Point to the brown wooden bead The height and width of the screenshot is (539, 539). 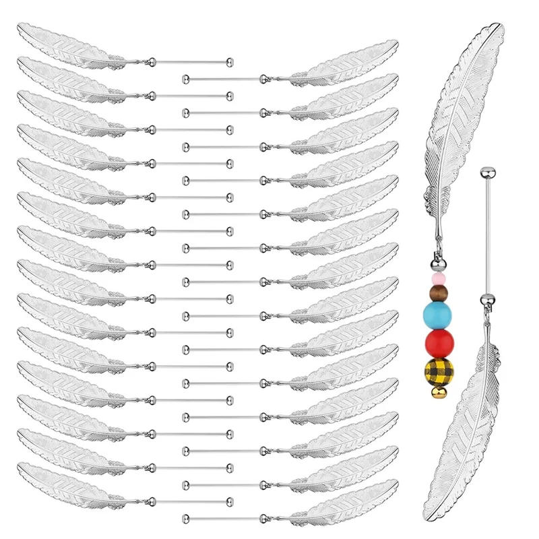pyautogui.click(x=438, y=291)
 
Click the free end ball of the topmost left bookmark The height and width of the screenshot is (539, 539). pyautogui.click(x=230, y=61)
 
